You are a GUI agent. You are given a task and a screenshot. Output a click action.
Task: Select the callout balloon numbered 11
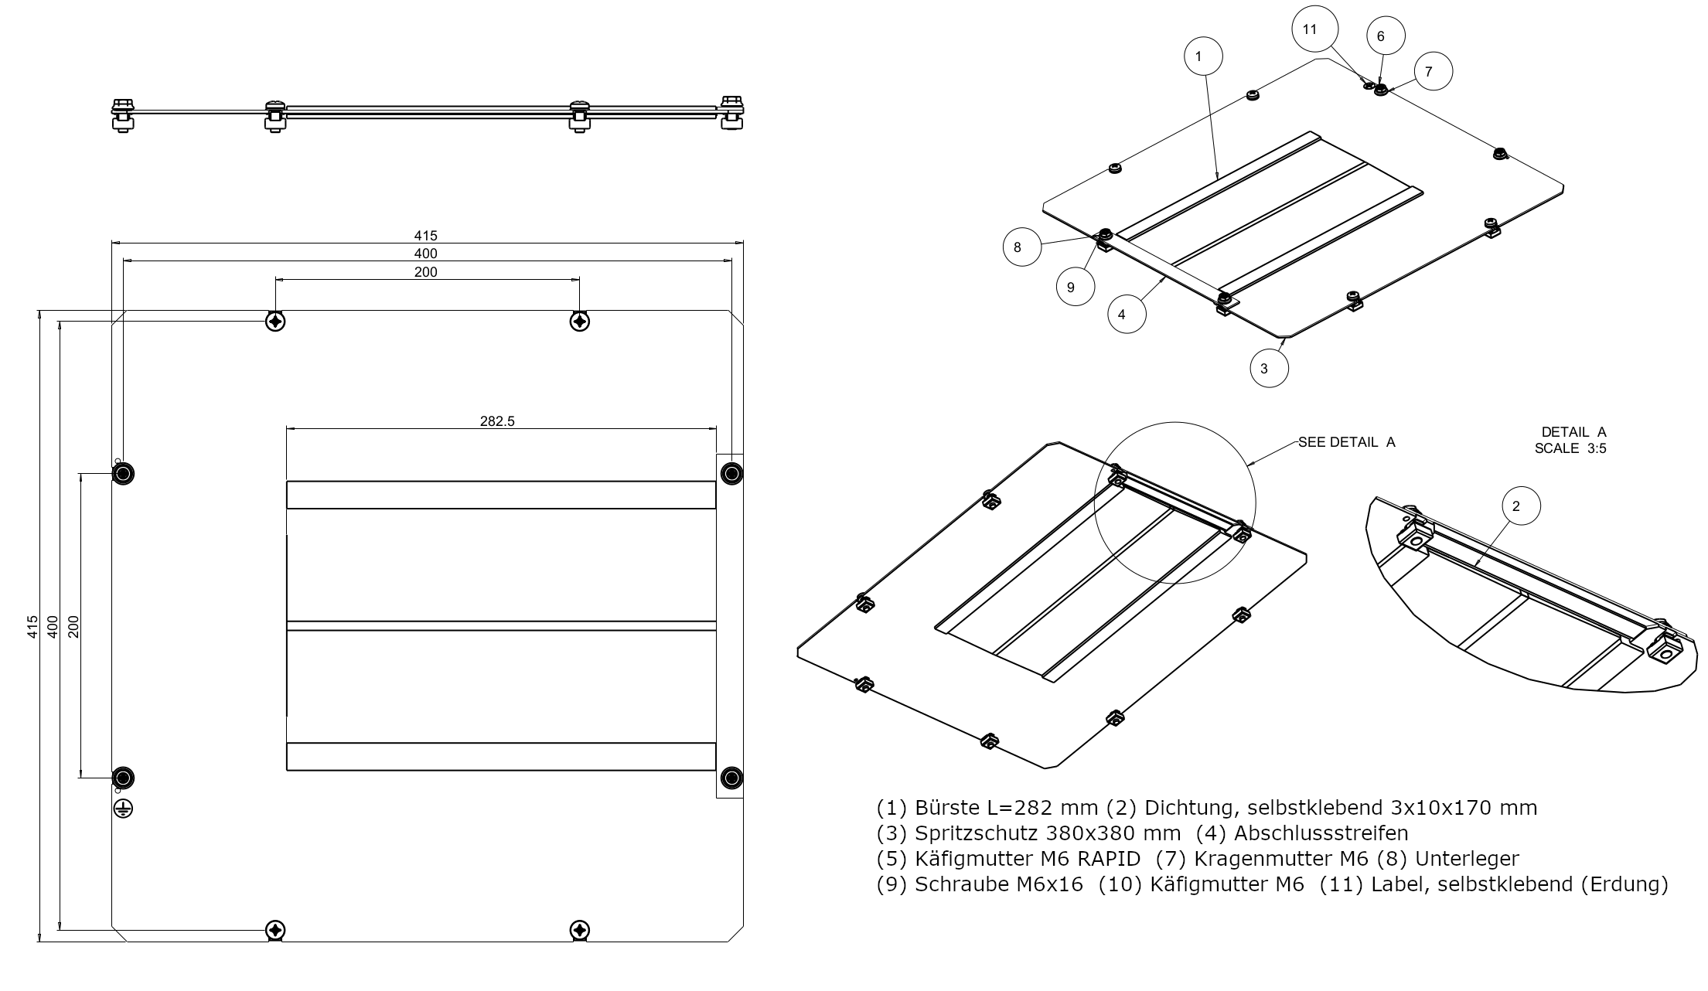click(1310, 29)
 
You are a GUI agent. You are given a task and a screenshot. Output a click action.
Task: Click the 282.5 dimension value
click(497, 421)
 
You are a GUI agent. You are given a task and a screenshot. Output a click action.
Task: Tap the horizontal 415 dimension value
click(425, 236)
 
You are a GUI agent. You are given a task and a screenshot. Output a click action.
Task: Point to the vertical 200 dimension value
click(73, 625)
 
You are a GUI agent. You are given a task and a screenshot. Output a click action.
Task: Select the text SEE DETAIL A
click(1346, 442)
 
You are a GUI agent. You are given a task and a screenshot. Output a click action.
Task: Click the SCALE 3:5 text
click(1570, 448)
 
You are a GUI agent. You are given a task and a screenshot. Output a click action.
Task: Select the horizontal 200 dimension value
click(425, 272)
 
